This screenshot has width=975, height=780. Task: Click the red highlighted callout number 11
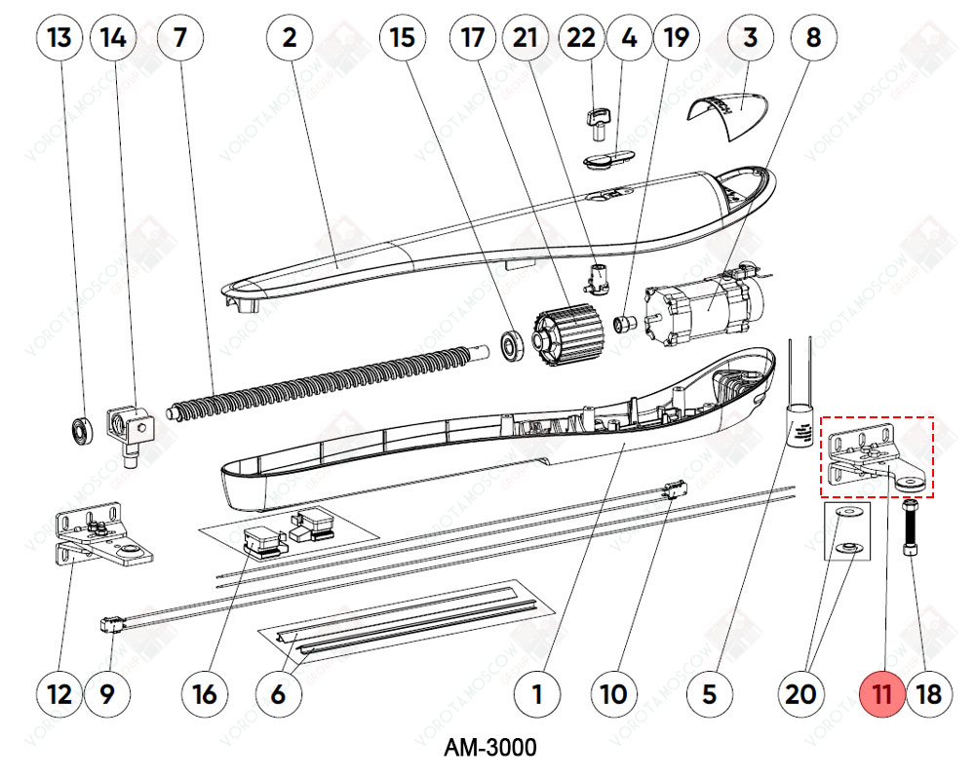click(882, 694)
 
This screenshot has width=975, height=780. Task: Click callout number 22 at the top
click(581, 38)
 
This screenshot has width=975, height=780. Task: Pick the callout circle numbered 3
click(750, 38)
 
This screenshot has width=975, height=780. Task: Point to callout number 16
click(206, 694)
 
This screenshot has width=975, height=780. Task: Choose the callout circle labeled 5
click(709, 694)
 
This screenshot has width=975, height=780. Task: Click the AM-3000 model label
click(489, 749)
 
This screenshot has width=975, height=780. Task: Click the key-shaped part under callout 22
click(597, 120)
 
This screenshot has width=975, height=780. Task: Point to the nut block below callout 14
click(131, 429)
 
